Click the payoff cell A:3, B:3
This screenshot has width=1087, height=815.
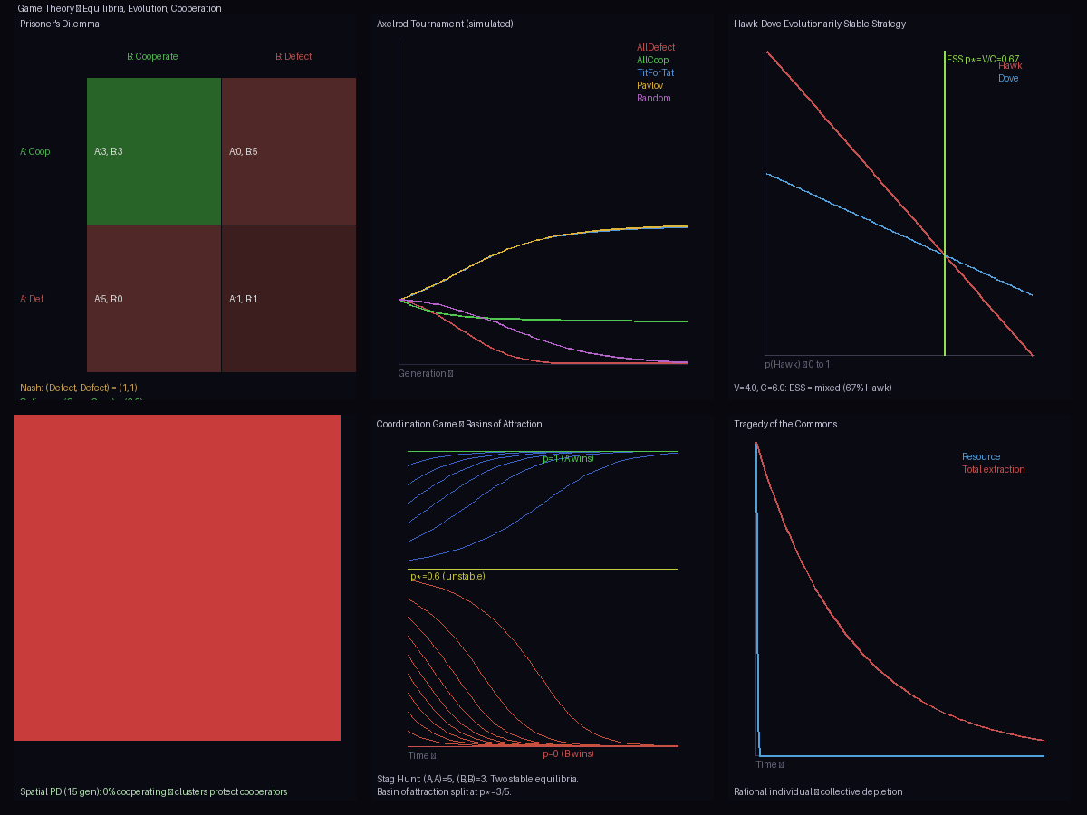point(154,151)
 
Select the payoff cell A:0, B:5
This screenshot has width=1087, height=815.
point(289,151)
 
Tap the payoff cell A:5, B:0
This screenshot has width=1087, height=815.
point(154,299)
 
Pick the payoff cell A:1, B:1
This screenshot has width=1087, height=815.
point(289,299)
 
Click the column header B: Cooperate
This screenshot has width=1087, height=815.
point(152,56)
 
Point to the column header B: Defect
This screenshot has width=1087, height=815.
point(293,56)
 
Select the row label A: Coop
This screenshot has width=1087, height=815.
point(35,151)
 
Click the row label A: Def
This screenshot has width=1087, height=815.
point(32,299)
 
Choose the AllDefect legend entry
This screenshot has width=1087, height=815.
point(656,47)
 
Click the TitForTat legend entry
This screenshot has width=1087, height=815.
point(656,72)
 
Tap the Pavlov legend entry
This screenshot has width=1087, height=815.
point(650,85)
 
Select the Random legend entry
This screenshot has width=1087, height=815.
point(654,98)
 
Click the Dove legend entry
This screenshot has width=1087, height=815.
point(1008,78)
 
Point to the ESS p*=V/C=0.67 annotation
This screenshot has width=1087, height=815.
point(983,59)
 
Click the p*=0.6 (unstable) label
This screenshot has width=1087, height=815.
point(447,576)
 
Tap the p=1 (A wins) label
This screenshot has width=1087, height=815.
point(569,458)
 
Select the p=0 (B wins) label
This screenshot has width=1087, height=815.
point(569,753)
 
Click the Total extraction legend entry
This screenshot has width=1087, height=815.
point(994,469)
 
